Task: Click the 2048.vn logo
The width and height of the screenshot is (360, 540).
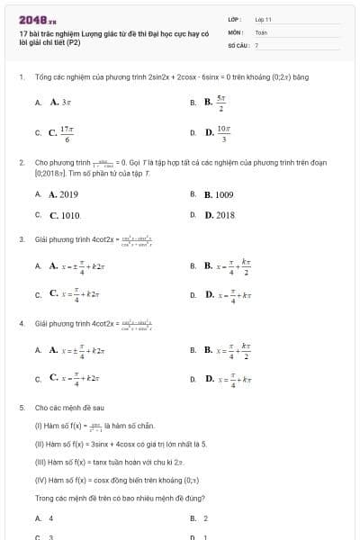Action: pyautogui.click(x=37, y=18)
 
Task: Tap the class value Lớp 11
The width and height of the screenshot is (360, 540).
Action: pyautogui.click(x=263, y=19)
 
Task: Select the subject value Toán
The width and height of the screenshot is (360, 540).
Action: pyautogui.click(x=261, y=31)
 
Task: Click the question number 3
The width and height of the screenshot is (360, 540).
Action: pyautogui.click(x=21, y=239)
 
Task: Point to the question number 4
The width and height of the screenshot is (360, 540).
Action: pyautogui.click(x=21, y=322)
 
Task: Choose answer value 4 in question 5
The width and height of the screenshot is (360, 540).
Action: pyautogui.click(x=51, y=518)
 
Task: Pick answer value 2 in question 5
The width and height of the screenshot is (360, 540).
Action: pyautogui.click(x=206, y=518)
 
